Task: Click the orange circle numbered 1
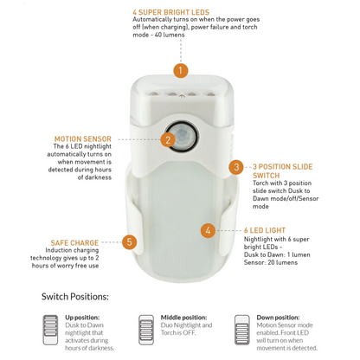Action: pos(180,70)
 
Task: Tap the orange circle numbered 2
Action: pos(168,138)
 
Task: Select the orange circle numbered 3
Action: pos(235,166)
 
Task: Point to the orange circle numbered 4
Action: pos(208,230)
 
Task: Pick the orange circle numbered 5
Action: pos(129,242)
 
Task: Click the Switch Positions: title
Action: pos(75,296)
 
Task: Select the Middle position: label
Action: pos(183,317)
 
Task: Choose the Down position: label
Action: pos(278,317)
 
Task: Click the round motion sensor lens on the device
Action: pos(183,136)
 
